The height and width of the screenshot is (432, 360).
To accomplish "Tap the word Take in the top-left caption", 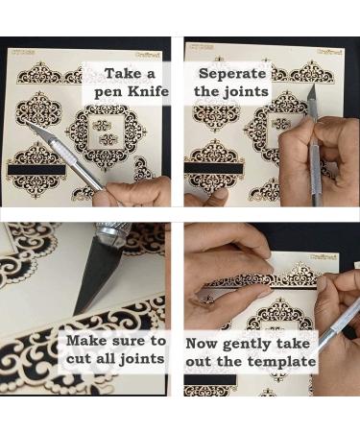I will coord(123,73).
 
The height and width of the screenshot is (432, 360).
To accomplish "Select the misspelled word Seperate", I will coord(232,73).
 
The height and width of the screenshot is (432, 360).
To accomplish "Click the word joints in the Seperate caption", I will coord(246,92).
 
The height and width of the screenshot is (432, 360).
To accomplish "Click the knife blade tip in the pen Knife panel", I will coord(28,123).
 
